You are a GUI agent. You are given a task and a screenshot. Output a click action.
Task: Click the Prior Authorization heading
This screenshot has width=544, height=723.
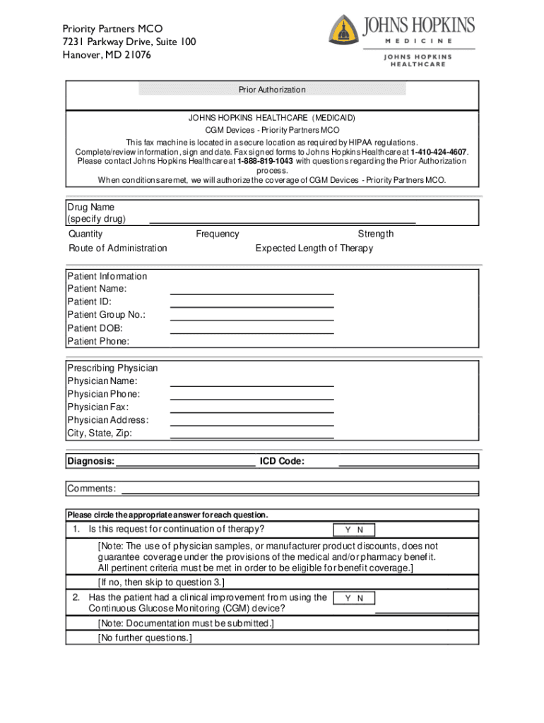(x=272, y=90)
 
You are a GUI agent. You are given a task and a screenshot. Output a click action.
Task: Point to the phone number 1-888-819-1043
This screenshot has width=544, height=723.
(x=266, y=161)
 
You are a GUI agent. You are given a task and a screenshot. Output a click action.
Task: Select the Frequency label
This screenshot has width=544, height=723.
(x=218, y=234)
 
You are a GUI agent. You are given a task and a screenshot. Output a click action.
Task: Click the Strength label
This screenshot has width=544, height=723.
(x=376, y=234)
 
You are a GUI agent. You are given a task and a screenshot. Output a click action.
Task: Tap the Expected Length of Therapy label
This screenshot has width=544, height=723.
(x=314, y=249)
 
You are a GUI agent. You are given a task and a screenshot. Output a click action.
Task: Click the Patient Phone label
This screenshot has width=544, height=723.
(x=98, y=342)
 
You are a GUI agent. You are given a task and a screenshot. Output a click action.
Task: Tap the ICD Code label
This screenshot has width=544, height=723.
(x=282, y=462)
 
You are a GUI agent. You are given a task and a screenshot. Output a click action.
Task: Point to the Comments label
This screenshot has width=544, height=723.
(x=92, y=489)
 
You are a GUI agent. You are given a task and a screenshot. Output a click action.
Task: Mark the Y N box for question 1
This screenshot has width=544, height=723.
(x=354, y=530)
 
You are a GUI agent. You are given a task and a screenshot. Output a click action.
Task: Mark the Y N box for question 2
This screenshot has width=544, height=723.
(x=354, y=599)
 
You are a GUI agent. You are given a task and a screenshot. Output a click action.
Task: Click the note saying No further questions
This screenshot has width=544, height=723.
(x=145, y=638)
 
